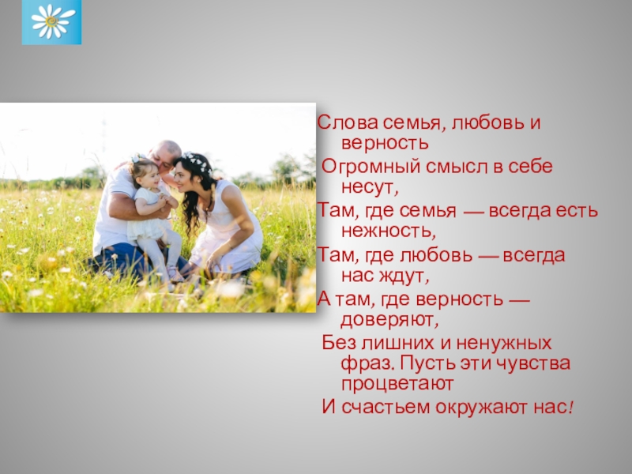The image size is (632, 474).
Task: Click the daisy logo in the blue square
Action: (x=51, y=22)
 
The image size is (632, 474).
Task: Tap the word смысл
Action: (x=457, y=167)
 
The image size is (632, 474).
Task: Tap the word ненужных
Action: (x=504, y=344)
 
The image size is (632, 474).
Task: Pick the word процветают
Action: (x=397, y=384)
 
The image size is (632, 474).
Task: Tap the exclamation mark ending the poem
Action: (x=570, y=407)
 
